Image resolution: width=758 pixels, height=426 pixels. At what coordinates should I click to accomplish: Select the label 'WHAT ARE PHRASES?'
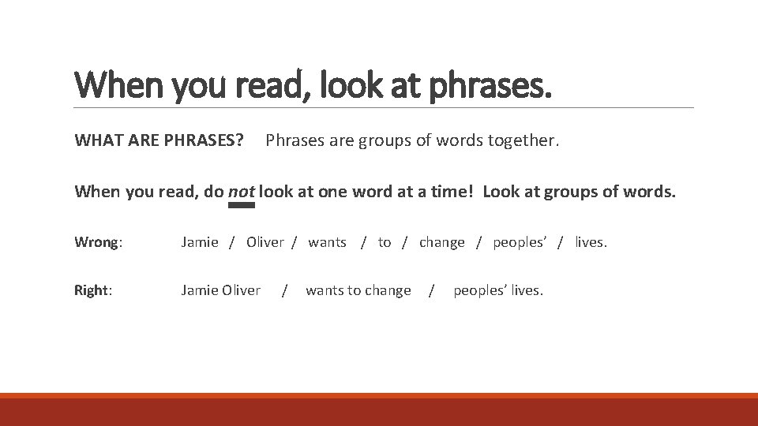[x=159, y=141]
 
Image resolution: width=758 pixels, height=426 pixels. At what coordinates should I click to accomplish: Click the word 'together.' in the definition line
[x=523, y=141]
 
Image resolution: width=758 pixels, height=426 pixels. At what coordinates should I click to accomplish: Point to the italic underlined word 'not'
[x=241, y=192]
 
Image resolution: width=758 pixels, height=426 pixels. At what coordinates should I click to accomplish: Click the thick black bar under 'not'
[x=241, y=205]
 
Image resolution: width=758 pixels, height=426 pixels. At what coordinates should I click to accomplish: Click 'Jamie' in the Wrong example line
[x=200, y=242]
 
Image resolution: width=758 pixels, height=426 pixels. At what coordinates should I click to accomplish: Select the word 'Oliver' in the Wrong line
[x=265, y=242]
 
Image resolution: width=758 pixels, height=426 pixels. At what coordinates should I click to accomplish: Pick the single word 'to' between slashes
[x=385, y=242]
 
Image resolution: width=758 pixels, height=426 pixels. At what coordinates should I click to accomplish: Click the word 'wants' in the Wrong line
[x=327, y=242]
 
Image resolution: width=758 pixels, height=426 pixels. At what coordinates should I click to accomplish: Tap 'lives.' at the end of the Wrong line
[x=591, y=242]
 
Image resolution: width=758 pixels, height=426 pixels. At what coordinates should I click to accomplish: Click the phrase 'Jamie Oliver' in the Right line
[x=220, y=290]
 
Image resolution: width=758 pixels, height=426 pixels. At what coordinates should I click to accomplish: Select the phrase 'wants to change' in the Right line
[x=358, y=290]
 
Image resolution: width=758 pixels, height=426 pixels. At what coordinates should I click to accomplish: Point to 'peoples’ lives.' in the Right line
[x=498, y=290]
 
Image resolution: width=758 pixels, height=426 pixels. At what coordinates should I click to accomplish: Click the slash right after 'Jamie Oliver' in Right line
[x=284, y=291]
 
